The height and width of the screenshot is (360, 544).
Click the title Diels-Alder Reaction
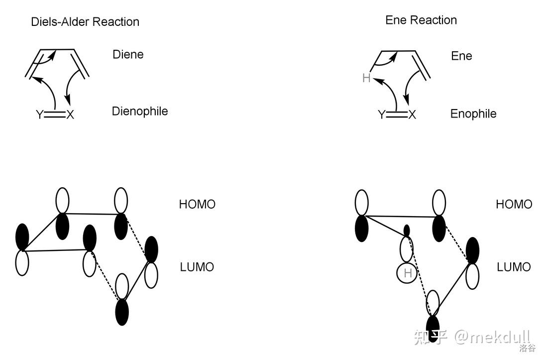pyautogui.click(x=85, y=22)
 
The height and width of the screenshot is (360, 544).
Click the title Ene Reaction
pyautogui.click(x=421, y=20)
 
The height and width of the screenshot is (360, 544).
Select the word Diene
pyautogui.click(x=128, y=54)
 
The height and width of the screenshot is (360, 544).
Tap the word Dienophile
pyautogui.click(x=140, y=111)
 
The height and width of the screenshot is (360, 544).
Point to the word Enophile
pyautogui.click(x=473, y=114)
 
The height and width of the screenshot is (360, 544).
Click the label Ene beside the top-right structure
pyautogui.click(x=461, y=56)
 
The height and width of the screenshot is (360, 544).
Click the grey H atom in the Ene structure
pyautogui.click(x=366, y=78)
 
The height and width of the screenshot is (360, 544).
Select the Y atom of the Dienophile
pyautogui.click(x=39, y=115)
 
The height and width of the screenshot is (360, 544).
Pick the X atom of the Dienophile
pyautogui.click(x=70, y=115)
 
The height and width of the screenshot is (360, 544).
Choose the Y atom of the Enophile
pyautogui.click(x=381, y=115)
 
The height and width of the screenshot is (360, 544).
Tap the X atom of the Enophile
pyautogui.click(x=412, y=115)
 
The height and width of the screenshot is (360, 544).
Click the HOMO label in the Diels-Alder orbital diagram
pyautogui.click(x=197, y=204)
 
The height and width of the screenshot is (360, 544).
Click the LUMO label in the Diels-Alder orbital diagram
pyautogui.click(x=197, y=267)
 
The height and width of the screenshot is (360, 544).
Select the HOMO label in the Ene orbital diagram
pyautogui.click(x=514, y=204)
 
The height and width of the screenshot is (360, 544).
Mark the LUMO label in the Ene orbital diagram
pyautogui.click(x=514, y=267)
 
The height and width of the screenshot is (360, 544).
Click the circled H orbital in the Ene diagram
pyautogui.click(x=408, y=273)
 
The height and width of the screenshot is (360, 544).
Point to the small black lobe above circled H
pyautogui.click(x=407, y=231)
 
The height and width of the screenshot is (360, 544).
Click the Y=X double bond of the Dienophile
pyautogui.click(x=55, y=115)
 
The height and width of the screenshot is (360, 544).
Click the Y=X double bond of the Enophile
pyautogui.click(x=397, y=115)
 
